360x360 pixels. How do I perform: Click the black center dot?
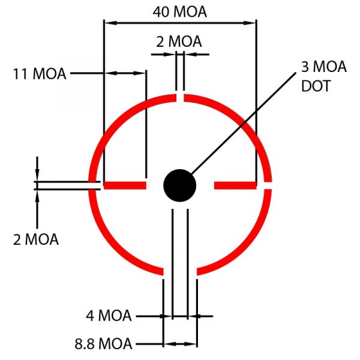point(180,185)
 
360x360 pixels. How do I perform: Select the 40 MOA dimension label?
point(180,12)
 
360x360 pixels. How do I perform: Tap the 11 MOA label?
point(40,74)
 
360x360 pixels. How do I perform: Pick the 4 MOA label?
point(109,316)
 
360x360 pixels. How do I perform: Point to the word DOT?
point(316,86)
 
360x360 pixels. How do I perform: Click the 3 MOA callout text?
point(323,67)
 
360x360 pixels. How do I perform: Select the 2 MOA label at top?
point(179,41)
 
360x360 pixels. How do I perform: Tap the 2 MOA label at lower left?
point(36,239)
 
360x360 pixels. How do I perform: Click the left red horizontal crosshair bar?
point(125,185)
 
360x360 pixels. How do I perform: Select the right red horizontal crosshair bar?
point(235,185)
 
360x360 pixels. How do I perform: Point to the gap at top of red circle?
point(180,98)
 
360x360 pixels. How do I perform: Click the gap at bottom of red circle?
point(180,271)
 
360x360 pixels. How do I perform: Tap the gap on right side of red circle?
point(268,185)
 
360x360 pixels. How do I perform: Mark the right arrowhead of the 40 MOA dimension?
point(250,23)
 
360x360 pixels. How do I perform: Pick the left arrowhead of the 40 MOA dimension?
point(110,23)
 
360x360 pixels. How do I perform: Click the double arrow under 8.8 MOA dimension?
point(180,344)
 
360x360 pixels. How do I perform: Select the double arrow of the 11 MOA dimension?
point(125,73)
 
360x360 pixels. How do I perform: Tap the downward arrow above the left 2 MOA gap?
point(37,169)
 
